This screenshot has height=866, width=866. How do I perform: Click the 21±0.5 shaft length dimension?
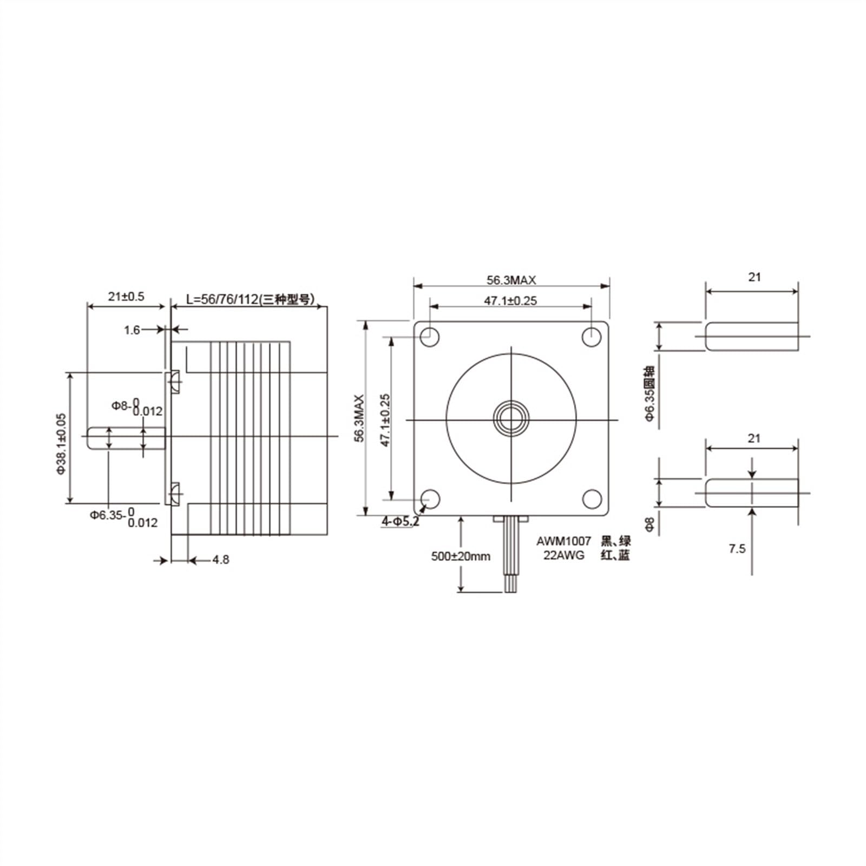[126, 297]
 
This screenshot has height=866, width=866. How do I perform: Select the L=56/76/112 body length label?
[250, 299]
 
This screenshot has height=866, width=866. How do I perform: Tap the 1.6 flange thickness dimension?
[132, 330]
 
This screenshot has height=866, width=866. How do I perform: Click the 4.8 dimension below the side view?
[220, 560]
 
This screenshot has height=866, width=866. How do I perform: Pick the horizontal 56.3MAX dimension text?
[511, 280]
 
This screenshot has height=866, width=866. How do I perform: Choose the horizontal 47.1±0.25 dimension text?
[510, 301]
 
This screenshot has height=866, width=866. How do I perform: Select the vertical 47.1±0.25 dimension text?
[385, 421]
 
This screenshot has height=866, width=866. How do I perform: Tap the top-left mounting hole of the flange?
[429, 337]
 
